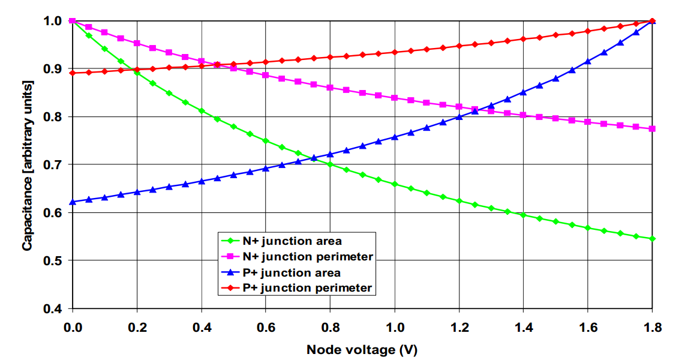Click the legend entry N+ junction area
(292, 241)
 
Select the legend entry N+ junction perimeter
(308, 257)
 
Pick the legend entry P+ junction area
(292, 272)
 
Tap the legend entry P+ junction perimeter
(307, 288)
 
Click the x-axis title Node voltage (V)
(362, 350)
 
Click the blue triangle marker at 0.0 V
(73, 202)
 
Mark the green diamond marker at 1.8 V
(652, 239)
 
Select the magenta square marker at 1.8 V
(652, 128)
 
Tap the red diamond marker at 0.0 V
(73, 73)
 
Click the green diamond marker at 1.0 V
(395, 184)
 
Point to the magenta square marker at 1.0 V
(395, 98)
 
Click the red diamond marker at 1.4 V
(523, 39)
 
